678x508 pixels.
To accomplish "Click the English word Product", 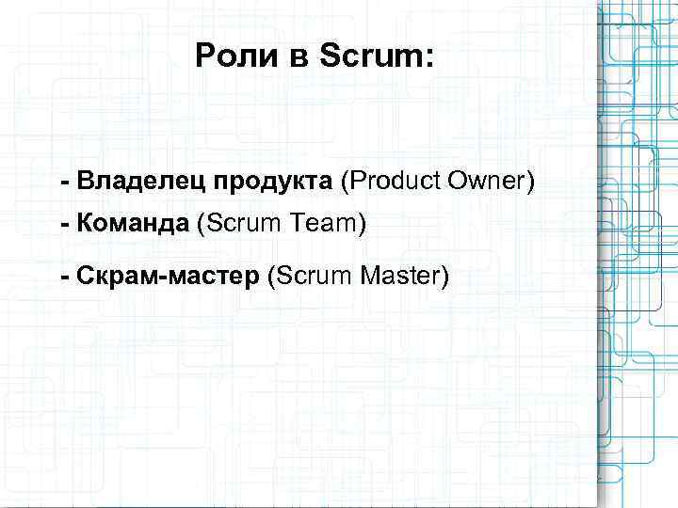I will click(x=393, y=180).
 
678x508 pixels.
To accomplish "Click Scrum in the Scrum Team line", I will click(x=242, y=225).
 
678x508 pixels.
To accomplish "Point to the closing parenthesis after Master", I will click(x=445, y=277).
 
